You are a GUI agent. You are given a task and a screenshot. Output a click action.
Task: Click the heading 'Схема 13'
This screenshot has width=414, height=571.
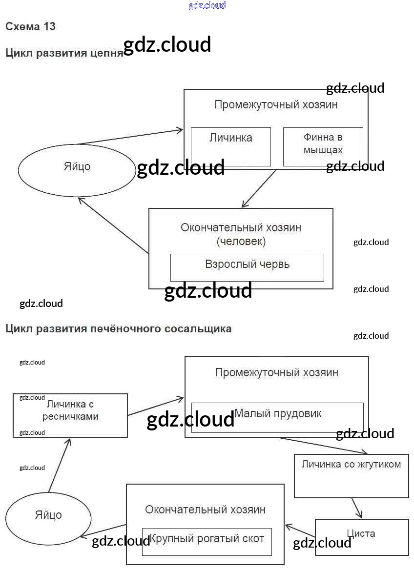coord(30,27)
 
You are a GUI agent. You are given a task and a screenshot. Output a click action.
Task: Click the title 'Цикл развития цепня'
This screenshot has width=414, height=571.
coord(64,53)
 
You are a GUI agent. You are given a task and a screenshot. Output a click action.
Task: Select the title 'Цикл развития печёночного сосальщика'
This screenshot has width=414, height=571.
coord(118,329)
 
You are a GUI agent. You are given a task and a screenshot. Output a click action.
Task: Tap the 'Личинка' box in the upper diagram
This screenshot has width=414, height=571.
coord(230,146)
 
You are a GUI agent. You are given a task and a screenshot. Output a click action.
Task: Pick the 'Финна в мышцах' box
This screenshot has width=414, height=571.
coord(323,146)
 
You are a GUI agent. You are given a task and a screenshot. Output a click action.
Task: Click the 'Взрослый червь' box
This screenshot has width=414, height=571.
coord(247,267)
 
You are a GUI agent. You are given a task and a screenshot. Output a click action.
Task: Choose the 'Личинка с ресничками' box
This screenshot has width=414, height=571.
coord(70,415)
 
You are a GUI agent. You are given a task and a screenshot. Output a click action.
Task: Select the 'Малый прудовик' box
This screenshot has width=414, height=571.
coord(277,417)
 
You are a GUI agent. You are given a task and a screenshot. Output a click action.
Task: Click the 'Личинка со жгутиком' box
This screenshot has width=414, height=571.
coord(351,476)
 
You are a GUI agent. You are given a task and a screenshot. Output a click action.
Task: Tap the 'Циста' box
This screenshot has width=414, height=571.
coord(361,537)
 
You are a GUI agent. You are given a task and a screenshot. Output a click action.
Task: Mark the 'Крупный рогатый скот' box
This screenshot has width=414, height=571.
coord(207,541)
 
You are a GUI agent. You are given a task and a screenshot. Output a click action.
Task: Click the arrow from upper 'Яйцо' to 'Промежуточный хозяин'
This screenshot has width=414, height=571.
coord(129,137)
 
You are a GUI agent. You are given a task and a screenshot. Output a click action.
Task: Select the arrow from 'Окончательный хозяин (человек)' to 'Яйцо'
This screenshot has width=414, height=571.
coord(113,225)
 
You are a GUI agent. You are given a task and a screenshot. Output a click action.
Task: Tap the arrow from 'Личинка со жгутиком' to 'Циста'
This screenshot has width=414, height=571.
coord(357,508)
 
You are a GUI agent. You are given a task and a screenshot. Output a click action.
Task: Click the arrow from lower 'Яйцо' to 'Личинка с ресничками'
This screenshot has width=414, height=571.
coord(60,465)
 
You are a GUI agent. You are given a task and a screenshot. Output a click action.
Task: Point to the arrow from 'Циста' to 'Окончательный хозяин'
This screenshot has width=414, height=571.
coord(300,531)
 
